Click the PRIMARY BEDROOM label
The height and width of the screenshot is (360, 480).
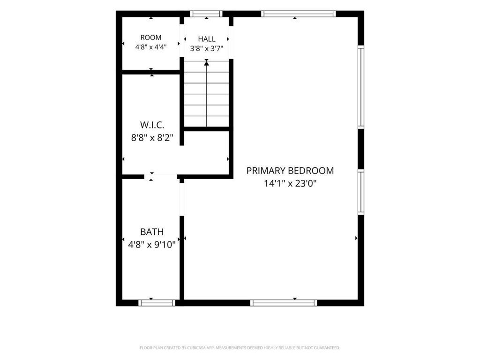(x=290, y=171)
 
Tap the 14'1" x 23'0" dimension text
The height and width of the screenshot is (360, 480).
(x=290, y=184)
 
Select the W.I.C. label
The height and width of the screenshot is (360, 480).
(x=152, y=125)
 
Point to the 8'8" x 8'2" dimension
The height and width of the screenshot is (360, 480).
(x=152, y=138)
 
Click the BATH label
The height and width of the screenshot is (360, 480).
(x=152, y=232)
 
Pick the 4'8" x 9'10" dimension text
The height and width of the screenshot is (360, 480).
(x=152, y=245)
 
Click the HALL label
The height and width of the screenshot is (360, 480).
(x=207, y=39)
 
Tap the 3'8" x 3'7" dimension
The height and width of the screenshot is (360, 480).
(x=207, y=49)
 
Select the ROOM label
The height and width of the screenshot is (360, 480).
(x=151, y=37)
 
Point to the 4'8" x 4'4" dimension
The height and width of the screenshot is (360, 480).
(x=151, y=47)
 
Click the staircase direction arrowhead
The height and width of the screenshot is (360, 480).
(x=207, y=63)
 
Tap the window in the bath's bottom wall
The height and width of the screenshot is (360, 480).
(x=157, y=303)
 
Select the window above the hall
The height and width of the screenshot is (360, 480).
(x=206, y=14)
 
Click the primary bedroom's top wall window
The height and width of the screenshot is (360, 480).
(x=299, y=14)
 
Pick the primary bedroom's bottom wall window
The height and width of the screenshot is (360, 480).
(x=284, y=303)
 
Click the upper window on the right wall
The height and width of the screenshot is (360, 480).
(x=361, y=87)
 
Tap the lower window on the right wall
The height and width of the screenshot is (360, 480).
(x=361, y=192)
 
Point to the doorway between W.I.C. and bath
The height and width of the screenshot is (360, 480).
(x=160, y=177)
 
